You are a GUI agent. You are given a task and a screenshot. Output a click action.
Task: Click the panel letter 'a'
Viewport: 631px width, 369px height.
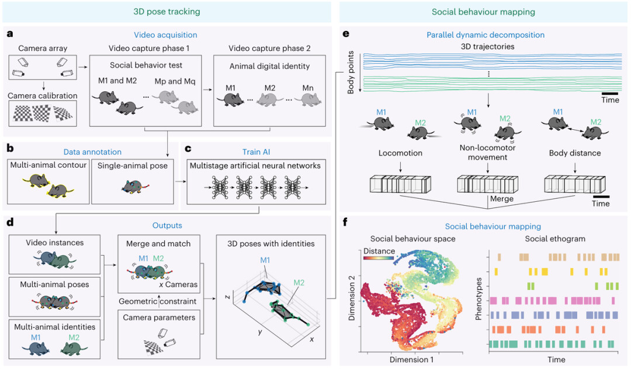click(x=11, y=35)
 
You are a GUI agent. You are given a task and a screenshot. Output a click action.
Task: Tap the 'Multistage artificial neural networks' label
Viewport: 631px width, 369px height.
click(x=256, y=165)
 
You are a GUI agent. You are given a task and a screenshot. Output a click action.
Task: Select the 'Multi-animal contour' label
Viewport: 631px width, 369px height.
click(x=48, y=165)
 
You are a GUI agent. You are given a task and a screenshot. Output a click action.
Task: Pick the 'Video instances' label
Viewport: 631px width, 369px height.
click(x=54, y=242)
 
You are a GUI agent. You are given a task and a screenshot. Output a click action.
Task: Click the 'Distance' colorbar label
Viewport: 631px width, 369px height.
click(x=379, y=251)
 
